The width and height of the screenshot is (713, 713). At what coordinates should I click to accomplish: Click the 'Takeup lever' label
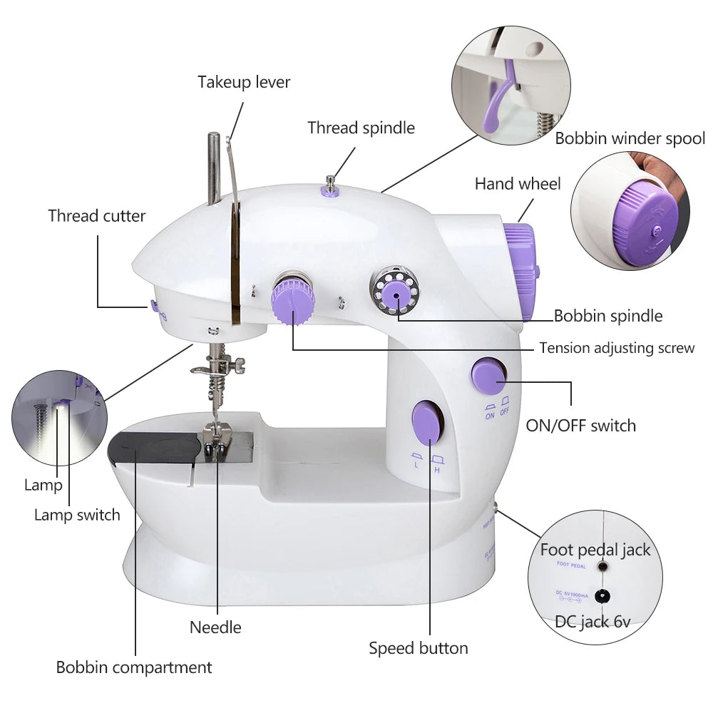click(x=244, y=82)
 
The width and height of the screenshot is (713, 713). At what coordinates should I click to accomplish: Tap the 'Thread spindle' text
click(x=361, y=128)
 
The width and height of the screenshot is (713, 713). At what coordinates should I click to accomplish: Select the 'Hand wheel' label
click(x=518, y=184)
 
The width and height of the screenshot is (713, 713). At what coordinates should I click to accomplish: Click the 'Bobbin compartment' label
click(x=134, y=667)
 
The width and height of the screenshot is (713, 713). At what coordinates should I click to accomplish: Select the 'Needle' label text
click(x=215, y=627)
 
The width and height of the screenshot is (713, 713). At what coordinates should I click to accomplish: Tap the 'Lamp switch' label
click(x=77, y=514)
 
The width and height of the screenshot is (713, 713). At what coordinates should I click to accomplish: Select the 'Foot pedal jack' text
click(x=595, y=550)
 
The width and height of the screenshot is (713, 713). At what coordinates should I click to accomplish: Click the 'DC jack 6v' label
click(x=593, y=621)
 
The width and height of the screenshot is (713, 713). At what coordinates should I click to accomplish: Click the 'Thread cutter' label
click(x=97, y=215)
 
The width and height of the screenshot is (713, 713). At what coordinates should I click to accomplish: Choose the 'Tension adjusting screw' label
click(x=616, y=348)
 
